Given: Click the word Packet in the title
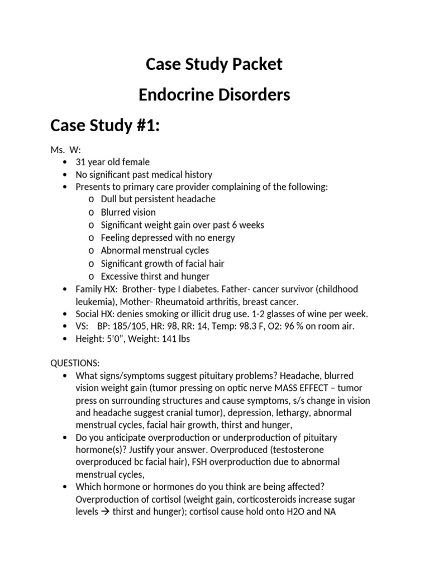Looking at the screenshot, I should coord(255,65).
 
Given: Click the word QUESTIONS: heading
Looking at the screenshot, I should coord(75,363).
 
